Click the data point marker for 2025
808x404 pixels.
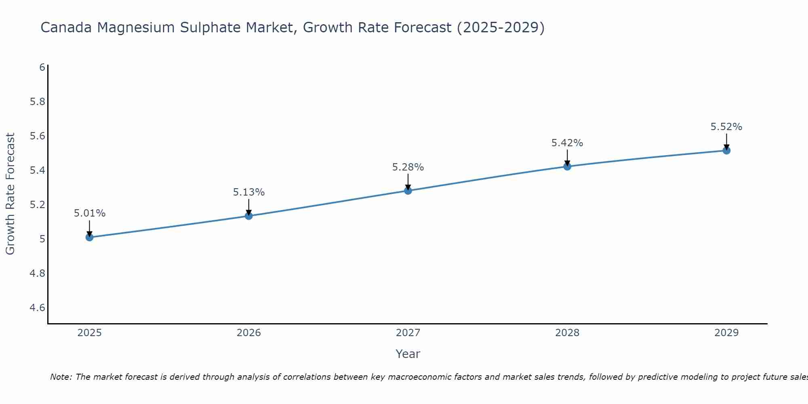(90, 237)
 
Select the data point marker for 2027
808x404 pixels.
(408, 190)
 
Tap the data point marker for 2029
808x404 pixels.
(726, 151)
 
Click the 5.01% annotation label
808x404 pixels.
(90, 213)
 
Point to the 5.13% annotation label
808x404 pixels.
(249, 192)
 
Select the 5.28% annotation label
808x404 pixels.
(408, 167)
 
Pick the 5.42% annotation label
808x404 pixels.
(567, 143)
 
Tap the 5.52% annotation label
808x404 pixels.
(726, 127)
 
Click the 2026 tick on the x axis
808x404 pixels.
(249, 333)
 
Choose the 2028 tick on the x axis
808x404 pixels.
(567, 333)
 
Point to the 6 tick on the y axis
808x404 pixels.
(42, 67)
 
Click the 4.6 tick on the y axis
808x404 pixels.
(38, 308)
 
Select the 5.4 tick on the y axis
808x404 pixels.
(38, 170)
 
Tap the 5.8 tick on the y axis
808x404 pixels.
(38, 102)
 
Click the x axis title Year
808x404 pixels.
(408, 354)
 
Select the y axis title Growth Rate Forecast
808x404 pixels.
(11, 194)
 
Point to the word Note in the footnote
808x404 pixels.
(61, 377)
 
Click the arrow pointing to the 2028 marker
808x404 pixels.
(567, 158)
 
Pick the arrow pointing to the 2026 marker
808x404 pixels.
(249, 207)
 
